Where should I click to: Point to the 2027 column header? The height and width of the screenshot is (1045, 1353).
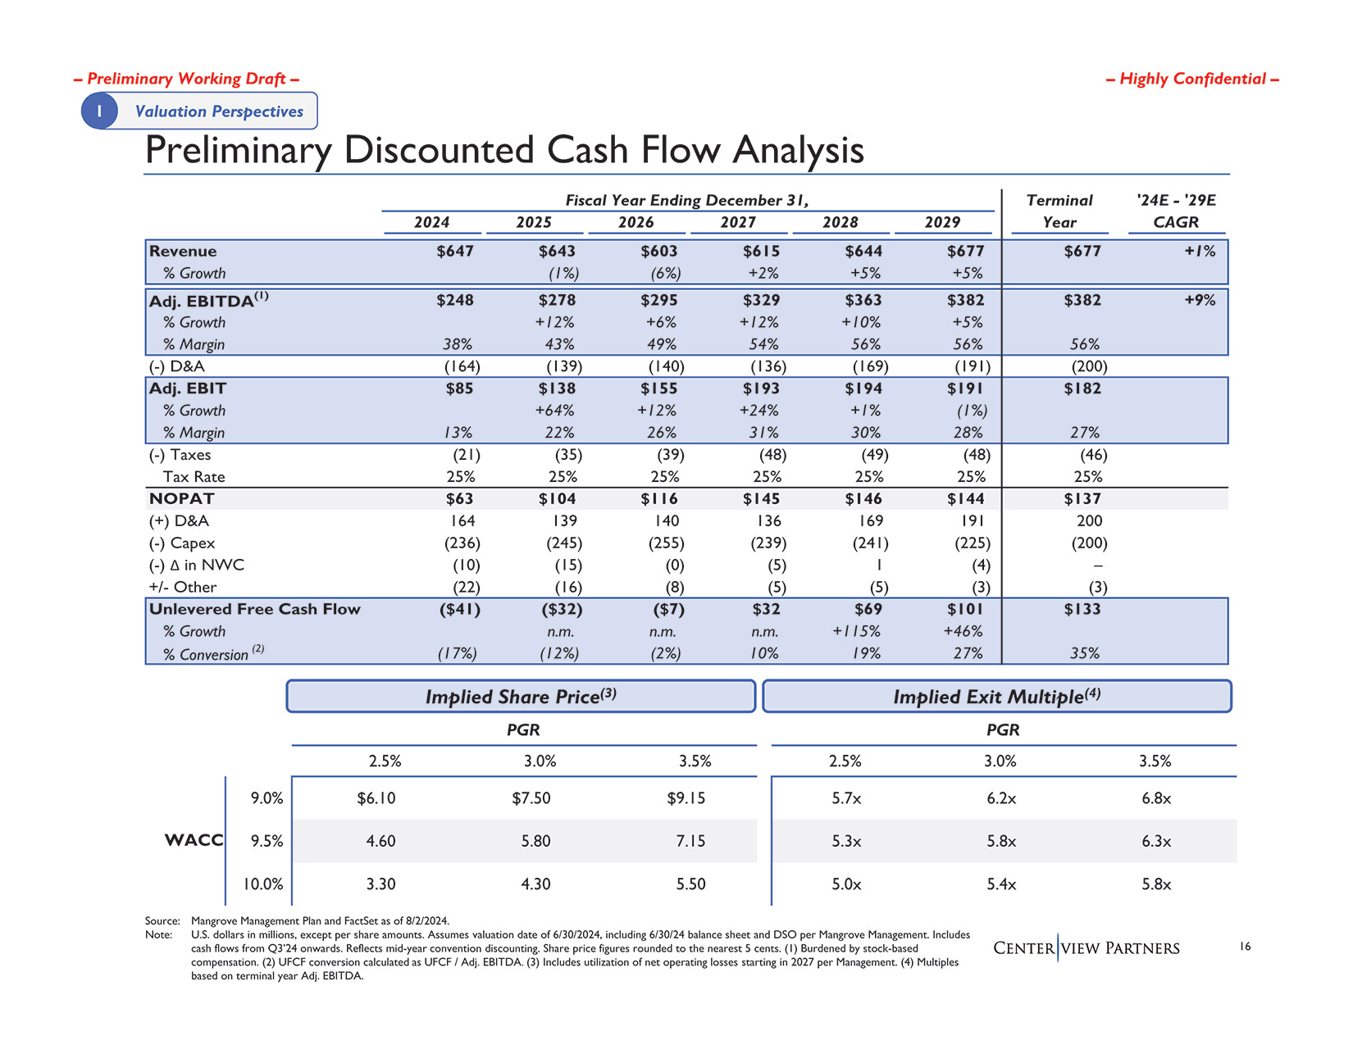[738, 222]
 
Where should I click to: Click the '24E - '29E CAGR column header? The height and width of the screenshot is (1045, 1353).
[1176, 211]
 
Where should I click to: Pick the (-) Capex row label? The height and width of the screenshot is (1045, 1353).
[182, 543]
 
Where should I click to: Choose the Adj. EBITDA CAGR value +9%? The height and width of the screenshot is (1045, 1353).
[1200, 301]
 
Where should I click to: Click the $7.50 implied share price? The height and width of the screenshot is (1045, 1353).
[531, 798]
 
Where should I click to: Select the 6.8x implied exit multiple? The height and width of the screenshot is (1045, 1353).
[1156, 798]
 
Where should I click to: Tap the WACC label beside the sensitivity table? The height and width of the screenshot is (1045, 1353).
[194, 841]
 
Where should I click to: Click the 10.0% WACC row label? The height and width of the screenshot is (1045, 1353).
[262, 884]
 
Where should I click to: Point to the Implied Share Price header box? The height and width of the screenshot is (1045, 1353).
[521, 697]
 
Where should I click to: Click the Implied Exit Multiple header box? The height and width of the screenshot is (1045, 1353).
[996, 697]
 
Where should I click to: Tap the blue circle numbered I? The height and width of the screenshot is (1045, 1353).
[99, 111]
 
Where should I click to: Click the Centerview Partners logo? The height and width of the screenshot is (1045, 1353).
[1086, 948]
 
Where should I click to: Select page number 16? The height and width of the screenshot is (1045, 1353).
[1245, 947]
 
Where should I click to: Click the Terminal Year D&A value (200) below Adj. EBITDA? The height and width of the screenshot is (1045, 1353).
[1090, 366]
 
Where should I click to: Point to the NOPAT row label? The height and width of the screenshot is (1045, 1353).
[182, 499]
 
